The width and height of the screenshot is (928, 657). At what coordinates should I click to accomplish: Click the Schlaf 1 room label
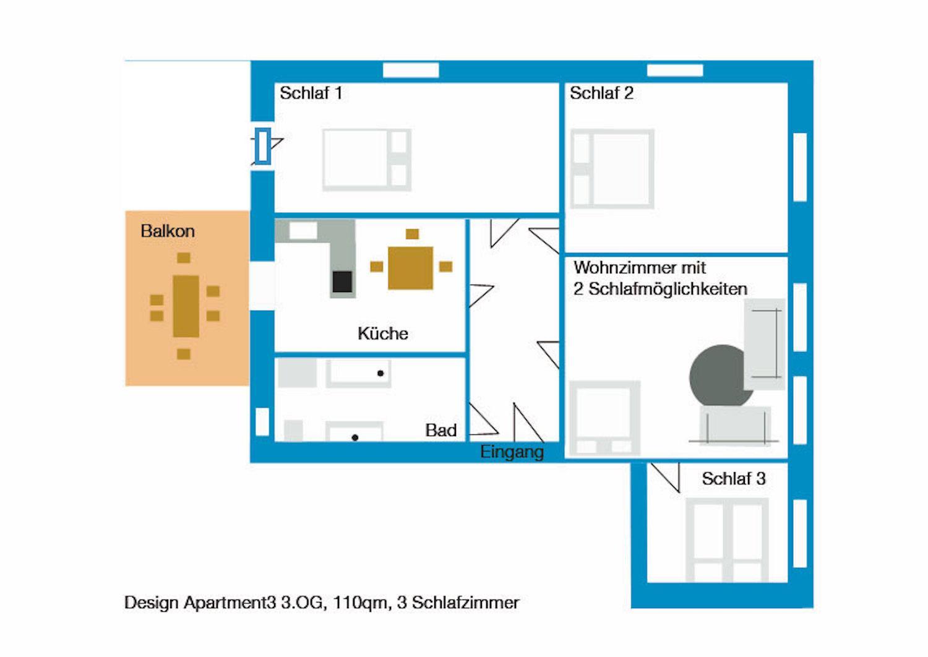pyautogui.click(x=311, y=93)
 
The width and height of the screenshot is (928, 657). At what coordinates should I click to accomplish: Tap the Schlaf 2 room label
pyautogui.click(x=601, y=93)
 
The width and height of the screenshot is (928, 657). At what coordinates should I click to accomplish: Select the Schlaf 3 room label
pyautogui.click(x=733, y=479)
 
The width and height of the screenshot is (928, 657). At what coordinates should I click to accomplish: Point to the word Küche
pyautogui.click(x=382, y=333)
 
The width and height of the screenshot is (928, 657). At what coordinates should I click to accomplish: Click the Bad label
pyautogui.click(x=440, y=430)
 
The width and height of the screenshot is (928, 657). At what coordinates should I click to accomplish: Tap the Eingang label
pyautogui.click(x=512, y=452)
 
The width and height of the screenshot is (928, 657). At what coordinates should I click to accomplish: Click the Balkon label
pyautogui.click(x=167, y=231)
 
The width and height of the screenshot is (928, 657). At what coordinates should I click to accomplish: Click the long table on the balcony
pyautogui.click(x=186, y=306)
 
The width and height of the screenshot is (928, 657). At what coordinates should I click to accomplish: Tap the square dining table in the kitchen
pyautogui.click(x=410, y=267)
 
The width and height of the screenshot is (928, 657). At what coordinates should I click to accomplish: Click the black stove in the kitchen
pyautogui.click(x=342, y=281)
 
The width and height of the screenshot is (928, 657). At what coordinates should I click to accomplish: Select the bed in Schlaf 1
pyautogui.click(x=366, y=160)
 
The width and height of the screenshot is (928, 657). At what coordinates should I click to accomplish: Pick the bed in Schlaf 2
pyautogui.click(x=612, y=168)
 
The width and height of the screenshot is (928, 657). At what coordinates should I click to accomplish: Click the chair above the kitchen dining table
pyautogui.click(x=412, y=234)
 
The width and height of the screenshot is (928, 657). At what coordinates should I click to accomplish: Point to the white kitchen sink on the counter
pyautogui.click(x=303, y=231)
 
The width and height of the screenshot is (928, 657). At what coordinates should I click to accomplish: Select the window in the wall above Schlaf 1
pyautogui.click(x=411, y=71)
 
